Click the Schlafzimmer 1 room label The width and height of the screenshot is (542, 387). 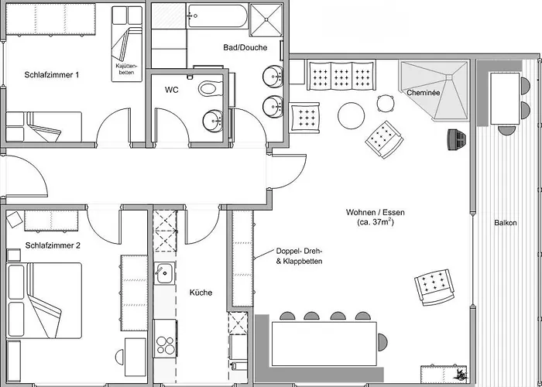(x=53, y=75)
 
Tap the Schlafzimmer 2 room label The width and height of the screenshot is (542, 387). (x=53, y=245)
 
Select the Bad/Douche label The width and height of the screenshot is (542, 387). (x=245, y=48)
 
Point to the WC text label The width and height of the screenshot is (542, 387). (x=172, y=89)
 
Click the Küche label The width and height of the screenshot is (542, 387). (x=201, y=293)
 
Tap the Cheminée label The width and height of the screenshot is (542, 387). (x=424, y=93)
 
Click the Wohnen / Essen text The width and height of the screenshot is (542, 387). (x=376, y=213)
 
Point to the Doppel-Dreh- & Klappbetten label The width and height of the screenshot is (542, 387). (x=299, y=257)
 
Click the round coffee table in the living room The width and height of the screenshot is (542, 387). (x=352, y=117)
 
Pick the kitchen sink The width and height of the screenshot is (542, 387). (x=164, y=272)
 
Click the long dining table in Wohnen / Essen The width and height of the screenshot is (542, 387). (x=324, y=342)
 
